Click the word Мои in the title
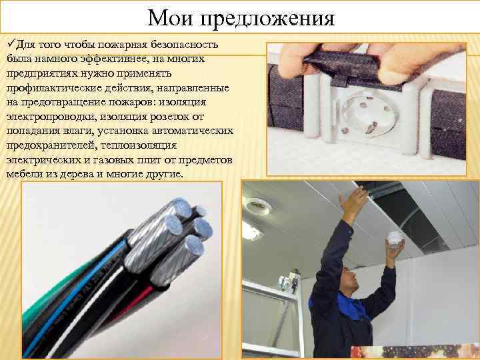(170, 18)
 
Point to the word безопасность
(184, 44)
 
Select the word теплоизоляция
(139, 145)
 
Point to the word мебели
(23, 174)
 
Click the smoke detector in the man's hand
(395, 239)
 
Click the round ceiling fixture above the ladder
(259, 206)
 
